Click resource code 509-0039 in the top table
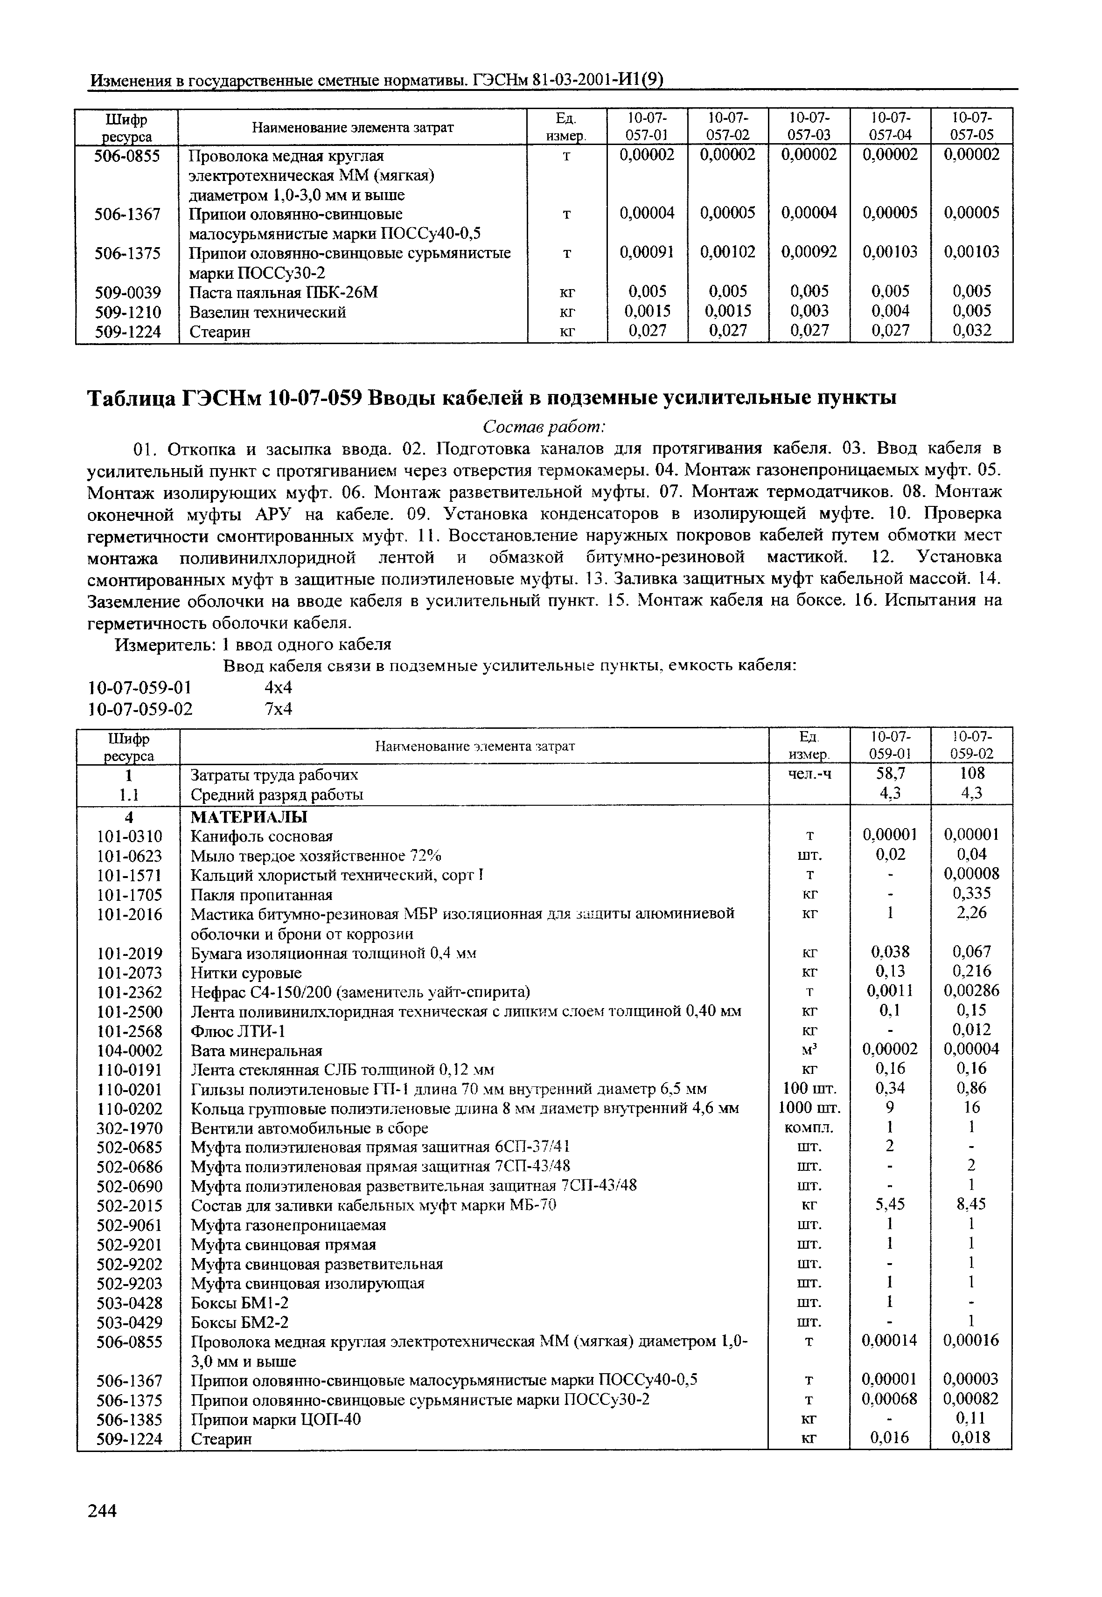128,293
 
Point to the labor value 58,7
891,774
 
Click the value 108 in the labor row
972,774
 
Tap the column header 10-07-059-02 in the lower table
972,746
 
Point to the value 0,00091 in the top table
647,253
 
